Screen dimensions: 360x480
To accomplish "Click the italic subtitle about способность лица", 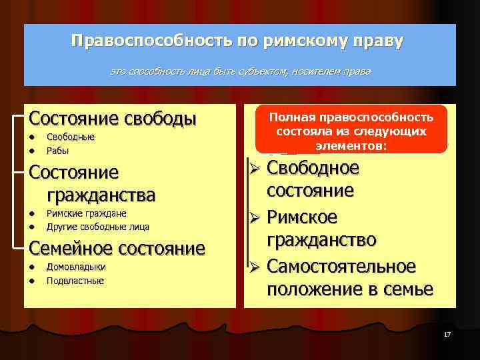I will point(240,71).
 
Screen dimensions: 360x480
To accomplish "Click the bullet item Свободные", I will point(70,137).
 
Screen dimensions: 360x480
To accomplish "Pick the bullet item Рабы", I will point(57,151).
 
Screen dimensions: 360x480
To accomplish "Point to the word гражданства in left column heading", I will point(101,195).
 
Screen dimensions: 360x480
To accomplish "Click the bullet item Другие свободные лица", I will point(97,227).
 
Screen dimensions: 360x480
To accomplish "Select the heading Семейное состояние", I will point(117,249).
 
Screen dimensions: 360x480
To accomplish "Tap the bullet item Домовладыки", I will point(75,267).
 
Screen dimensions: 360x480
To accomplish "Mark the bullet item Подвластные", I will point(75,281).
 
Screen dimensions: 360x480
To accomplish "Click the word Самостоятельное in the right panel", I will point(341,267).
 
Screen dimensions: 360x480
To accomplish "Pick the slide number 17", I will point(447,333).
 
